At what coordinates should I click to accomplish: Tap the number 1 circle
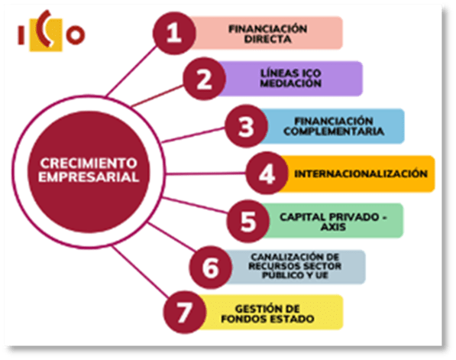click(174, 33)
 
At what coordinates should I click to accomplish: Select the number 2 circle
click(204, 79)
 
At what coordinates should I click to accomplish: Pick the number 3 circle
click(246, 126)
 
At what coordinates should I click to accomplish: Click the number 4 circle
click(267, 174)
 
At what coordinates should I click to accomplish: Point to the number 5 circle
click(248, 221)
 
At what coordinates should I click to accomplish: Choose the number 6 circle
click(211, 268)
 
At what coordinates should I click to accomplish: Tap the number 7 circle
click(184, 312)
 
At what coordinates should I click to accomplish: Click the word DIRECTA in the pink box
click(267, 39)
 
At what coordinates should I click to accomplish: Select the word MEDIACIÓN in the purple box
click(290, 83)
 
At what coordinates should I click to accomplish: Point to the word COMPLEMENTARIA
click(334, 131)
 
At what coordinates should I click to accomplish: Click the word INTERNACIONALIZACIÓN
click(361, 174)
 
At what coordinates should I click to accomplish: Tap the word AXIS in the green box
click(333, 227)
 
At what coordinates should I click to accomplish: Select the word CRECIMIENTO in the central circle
click(89, 164)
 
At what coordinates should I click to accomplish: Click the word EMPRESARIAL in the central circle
click(89, 177)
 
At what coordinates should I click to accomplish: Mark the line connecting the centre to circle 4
click(205, 174)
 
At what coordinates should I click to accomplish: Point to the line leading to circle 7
click(141, 271)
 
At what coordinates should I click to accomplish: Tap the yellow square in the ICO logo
click(46, 35)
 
